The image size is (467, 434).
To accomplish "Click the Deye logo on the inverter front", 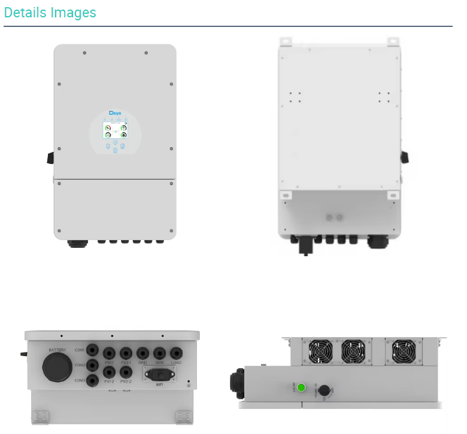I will click(x=115, y=113).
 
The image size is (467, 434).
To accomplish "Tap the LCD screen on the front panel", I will click(x=115, y=130).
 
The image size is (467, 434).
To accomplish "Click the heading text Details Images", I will click(x=50, y=13).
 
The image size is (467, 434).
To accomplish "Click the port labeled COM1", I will click(x=92, y=350).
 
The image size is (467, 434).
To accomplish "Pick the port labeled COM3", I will click(x=92, y=380).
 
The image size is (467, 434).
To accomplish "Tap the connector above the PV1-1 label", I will click(x=110, y=353).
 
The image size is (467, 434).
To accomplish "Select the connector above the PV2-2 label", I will click(x=126, y=371).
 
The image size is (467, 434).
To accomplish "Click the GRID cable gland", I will click(x=142, y=353).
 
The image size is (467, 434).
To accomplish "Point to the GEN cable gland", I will click(x=159, y=353).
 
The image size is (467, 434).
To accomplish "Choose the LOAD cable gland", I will click(x=176, y=353).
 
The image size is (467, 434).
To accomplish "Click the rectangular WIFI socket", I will click(x=159, y=375).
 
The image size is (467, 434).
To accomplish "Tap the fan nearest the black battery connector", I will click(x=317, y=351).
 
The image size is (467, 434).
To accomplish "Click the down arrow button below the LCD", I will click(x=115, y=150).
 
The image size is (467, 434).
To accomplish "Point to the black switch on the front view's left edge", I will click(x=50, y=157).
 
